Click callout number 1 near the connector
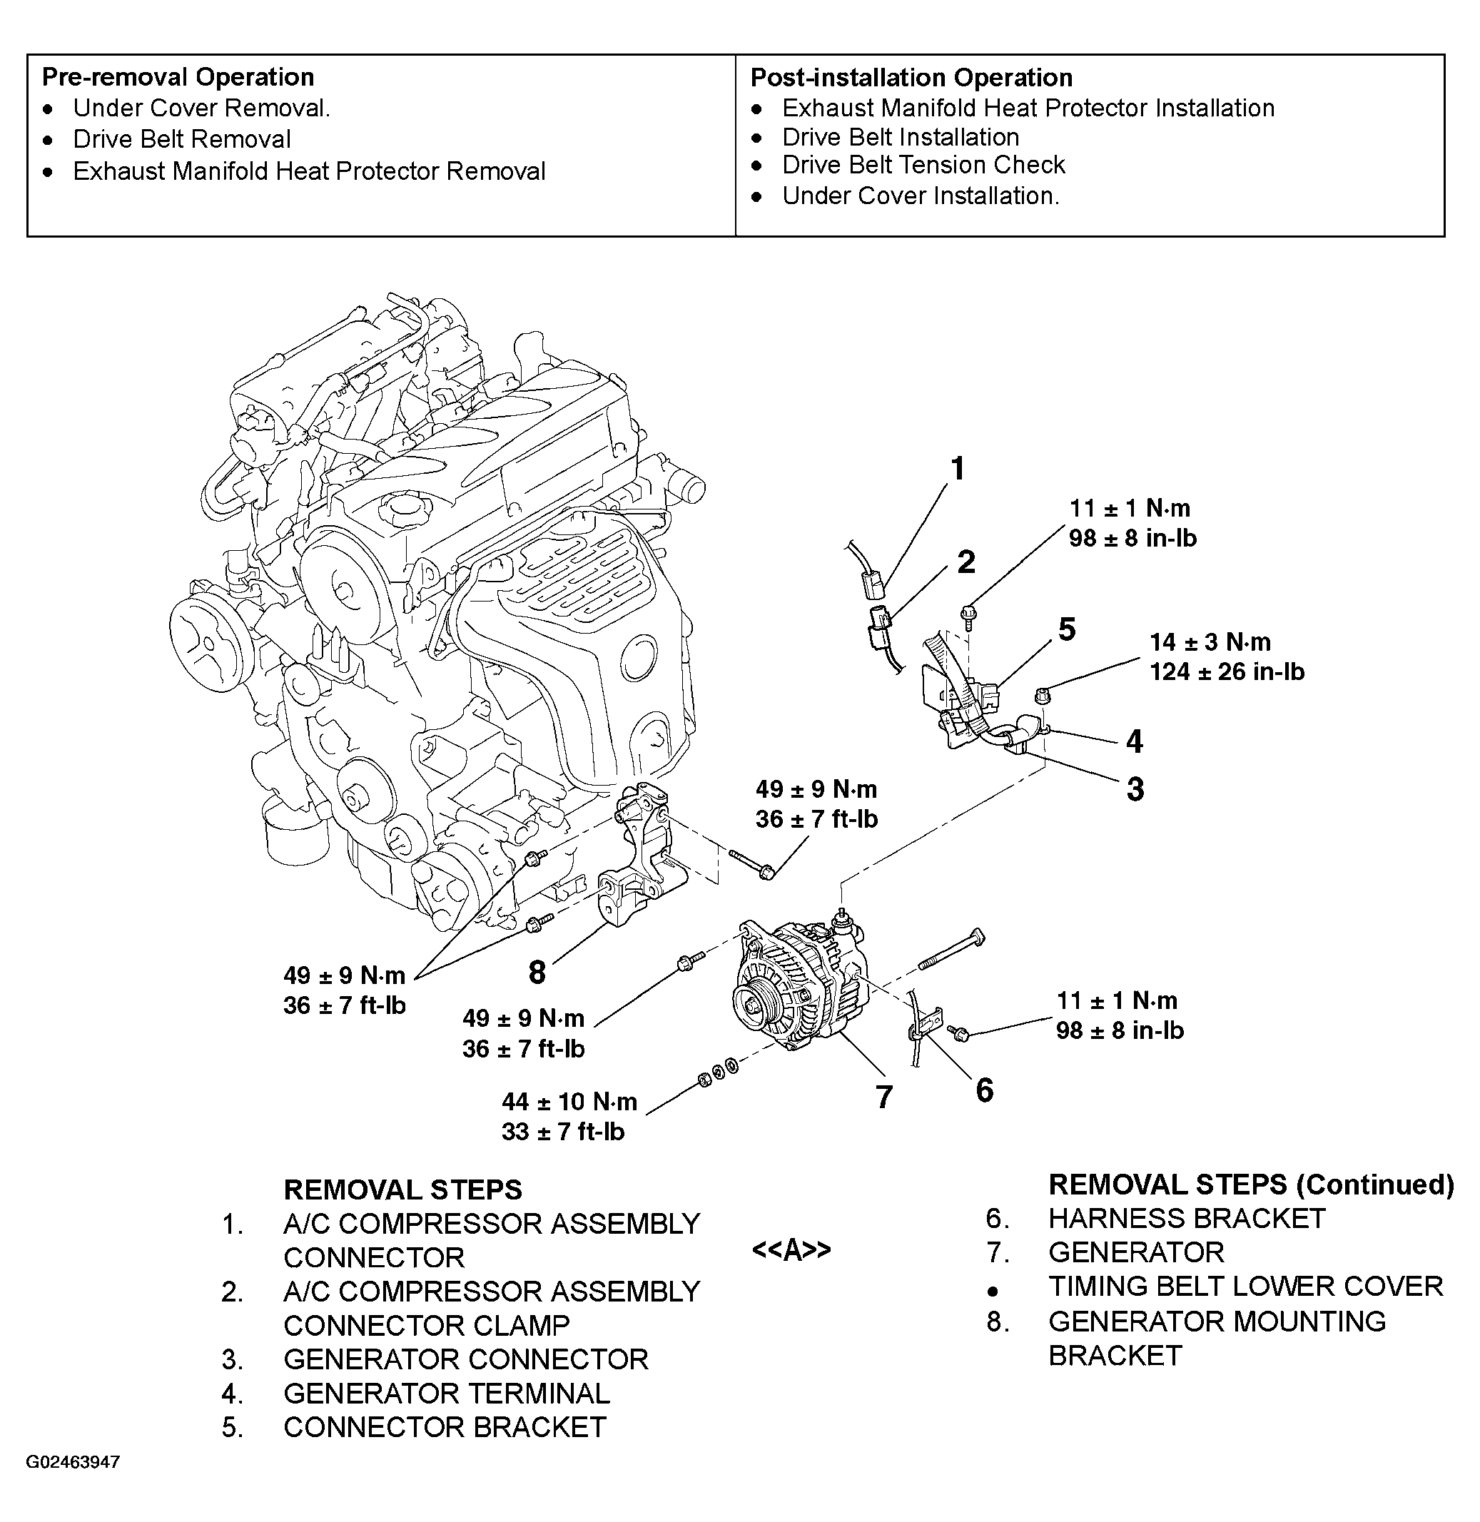(958, 470)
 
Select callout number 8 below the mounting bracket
(537, 973)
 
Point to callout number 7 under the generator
(884, 1097)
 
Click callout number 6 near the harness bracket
(984, 1090)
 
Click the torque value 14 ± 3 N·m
(1210, 642)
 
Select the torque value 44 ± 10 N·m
(569, 1102)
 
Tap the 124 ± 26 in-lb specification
(1227, 671)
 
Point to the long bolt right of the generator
(951, 950)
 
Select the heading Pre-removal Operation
(178, 77)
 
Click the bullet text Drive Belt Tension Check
(923, 165)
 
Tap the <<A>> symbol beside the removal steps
(791, 1250)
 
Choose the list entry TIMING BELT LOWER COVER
(1245, 1287)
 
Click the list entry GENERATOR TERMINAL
(446, 1394)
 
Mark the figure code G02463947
(73, 1462)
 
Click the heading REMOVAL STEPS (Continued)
(1250, 1184)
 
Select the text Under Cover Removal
(201, 108)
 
